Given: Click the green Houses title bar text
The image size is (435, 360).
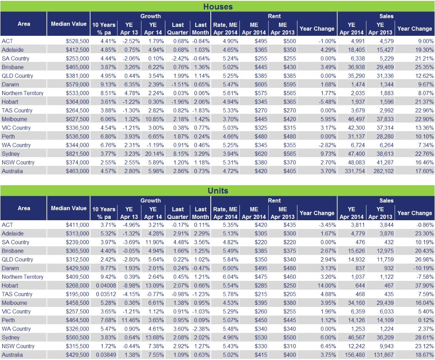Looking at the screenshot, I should [217, 6].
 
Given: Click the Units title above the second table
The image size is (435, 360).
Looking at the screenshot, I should [217, 191].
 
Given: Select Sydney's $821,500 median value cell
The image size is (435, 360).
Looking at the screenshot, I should [77, 154].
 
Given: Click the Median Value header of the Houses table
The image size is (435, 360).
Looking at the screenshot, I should [69, 24].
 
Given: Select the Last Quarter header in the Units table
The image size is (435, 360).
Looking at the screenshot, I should [178, 212].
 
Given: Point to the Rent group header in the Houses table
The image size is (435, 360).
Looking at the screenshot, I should [274, 16].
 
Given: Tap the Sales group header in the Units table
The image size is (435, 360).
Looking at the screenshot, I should [386, 200].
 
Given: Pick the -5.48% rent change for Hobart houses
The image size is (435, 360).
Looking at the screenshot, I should [326, 101].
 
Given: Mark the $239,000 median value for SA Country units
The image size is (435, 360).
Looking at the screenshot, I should [77, 242].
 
